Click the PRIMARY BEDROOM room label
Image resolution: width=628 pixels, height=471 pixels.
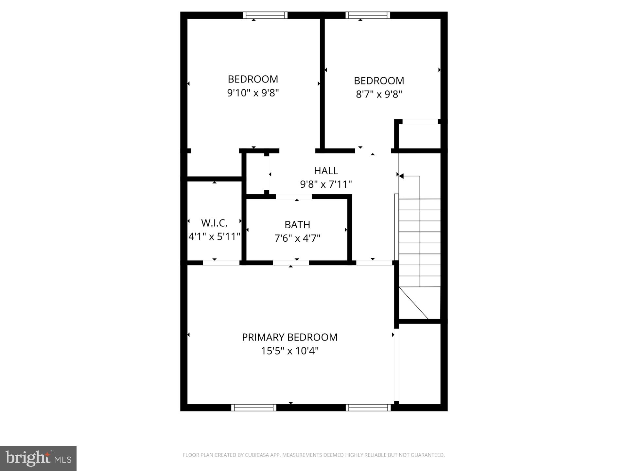[289, 337]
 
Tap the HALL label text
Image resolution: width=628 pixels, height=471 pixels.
[326, 170]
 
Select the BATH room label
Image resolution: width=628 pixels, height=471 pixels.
[297, 225]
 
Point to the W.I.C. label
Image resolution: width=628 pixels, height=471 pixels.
[214, 223]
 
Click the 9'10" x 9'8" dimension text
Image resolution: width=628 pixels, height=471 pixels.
[253, 93]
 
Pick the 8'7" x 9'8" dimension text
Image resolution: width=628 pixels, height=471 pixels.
[379, 94]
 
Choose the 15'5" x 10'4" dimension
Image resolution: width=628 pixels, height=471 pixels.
[289, 351]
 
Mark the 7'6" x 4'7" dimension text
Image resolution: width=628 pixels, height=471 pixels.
[297, 238]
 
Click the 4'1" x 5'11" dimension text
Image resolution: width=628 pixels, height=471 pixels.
[214, 236]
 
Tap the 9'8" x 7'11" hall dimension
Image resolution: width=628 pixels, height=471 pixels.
[326, 184]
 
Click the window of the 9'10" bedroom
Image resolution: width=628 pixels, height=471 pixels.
[265, 15]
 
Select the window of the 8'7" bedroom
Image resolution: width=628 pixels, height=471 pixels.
[368, 15]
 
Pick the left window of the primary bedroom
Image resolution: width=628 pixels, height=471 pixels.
[254, 408]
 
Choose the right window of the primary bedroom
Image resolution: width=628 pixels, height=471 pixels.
[368, 408]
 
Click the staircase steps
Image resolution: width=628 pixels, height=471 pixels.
[420, 242]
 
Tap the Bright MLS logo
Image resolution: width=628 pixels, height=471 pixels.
[38, 458]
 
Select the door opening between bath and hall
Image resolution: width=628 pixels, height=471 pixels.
[294, 197]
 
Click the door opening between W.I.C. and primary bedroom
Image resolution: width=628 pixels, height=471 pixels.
[221, 263]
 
